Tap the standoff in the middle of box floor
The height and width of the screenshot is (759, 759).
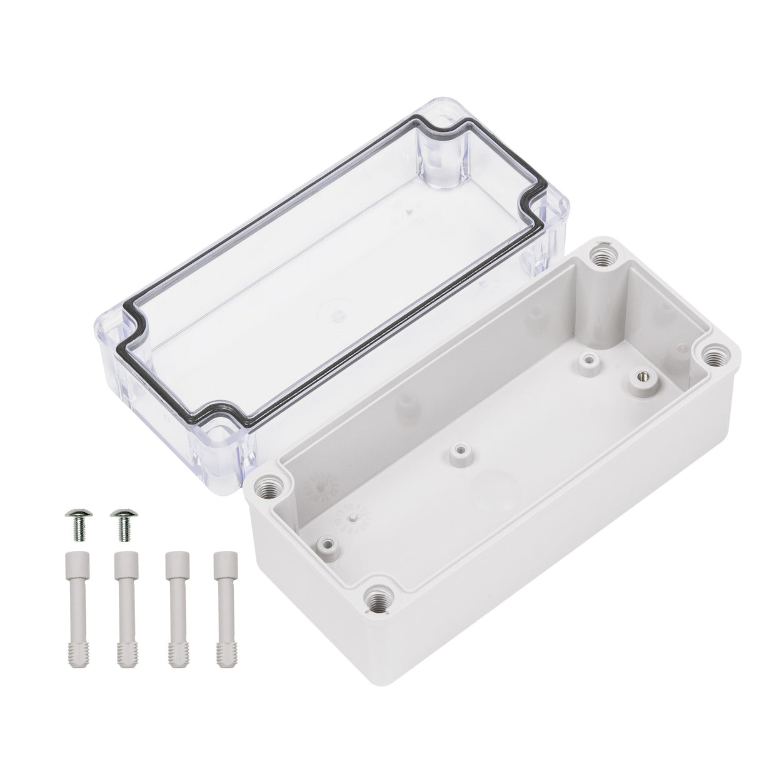461,451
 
